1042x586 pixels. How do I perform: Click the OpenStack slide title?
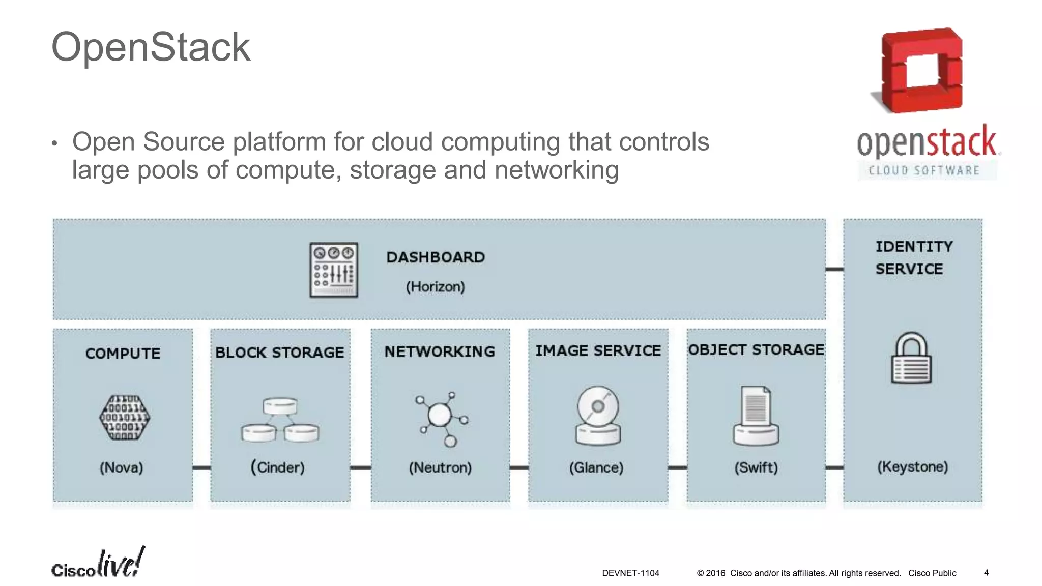(x=151, y=47)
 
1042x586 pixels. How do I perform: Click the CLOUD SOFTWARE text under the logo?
(x=924, y=170)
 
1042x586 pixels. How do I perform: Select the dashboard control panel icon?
(x=334, y=270)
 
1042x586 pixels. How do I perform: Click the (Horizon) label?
(x=435, y=287)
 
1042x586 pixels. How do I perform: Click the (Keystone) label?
(x=913, y=466)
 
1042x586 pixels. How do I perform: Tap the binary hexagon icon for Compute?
(x=124, y=417)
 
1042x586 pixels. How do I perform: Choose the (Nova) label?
(x=122, y=467)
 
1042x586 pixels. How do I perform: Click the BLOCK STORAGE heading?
(x=280, y=352)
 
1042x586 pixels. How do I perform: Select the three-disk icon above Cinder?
(x=280, y=420)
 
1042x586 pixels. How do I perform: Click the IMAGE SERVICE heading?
(x=598, y=350)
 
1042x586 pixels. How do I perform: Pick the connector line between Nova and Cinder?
(x=201, y=467)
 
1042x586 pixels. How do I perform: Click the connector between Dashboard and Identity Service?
(x=834, y=269)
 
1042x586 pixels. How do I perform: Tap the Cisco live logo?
(x=98, y=564)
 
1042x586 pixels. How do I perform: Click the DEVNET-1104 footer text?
(x=630, y=573)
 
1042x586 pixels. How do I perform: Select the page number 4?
(x=986, y=573)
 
